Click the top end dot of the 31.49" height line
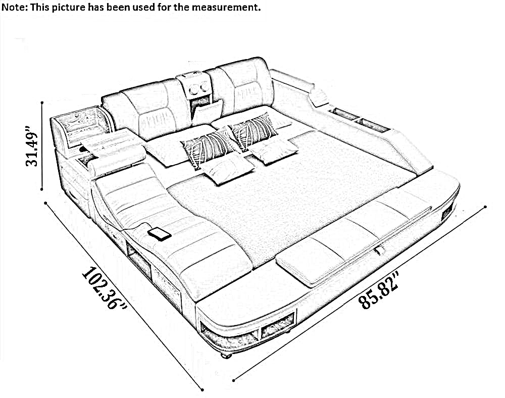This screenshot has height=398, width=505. click(42, 103)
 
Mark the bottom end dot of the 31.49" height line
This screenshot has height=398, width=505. click(42, 189)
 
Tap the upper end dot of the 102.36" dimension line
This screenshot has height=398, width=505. click(46, 203)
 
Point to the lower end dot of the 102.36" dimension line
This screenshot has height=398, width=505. click(203, 390)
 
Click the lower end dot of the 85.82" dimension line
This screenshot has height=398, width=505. click(233, 380)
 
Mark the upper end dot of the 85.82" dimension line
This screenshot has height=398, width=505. click(485, 207)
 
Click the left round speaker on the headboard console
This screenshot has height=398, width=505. click(194, 88)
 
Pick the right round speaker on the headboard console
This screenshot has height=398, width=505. click(204, 86)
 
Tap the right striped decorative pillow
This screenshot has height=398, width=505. click(254, 131)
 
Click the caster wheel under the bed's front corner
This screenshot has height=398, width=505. click(226, 356)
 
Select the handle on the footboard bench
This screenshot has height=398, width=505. click(379, 250)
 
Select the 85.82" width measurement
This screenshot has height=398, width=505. click(379, 290)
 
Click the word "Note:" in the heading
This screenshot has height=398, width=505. click(15, 7)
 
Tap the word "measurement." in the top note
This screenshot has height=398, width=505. click(226, 7)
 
